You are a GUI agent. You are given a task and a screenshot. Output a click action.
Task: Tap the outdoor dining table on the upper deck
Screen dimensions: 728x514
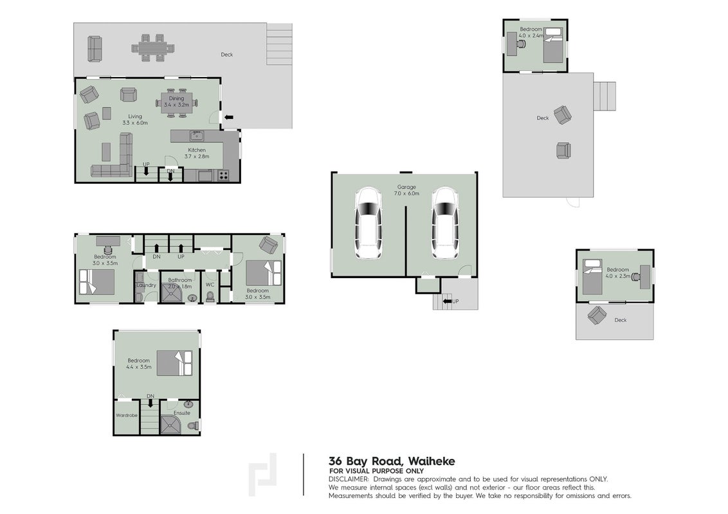coord(152,48)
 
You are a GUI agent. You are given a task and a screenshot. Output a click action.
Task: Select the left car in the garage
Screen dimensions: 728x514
coord(369,224)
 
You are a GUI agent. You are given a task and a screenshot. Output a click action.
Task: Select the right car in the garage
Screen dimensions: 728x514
coord(445,224)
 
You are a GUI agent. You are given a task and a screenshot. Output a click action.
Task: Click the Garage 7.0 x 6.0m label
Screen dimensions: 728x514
coord(406,190)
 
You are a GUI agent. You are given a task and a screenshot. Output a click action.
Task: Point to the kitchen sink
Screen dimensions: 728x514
coord(197,136)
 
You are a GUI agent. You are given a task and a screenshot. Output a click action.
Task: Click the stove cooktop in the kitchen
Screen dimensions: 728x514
coord(223,175)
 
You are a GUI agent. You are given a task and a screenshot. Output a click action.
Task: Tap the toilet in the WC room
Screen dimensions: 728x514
coord(210,297)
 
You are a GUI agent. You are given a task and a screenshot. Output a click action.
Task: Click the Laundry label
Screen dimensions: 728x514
coord(146,285)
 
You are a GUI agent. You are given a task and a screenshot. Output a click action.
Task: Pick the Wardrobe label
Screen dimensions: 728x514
coord(127,415)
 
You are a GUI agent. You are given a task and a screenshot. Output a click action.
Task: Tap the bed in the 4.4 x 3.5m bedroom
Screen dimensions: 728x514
coord(174,363)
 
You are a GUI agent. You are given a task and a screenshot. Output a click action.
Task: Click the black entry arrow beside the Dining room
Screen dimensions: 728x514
coord(229,118)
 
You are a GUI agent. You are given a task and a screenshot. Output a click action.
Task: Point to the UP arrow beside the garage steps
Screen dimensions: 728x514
coord(448,301)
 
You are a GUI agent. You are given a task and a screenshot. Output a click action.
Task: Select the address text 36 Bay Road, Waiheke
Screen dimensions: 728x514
coord(392,461)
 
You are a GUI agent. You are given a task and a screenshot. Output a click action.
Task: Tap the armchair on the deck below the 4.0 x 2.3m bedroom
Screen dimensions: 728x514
coord(597,315)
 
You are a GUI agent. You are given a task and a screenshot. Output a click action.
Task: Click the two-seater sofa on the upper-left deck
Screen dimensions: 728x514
coord(95,48)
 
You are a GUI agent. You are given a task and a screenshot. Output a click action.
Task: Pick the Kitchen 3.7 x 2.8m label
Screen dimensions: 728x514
coord(197,153)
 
